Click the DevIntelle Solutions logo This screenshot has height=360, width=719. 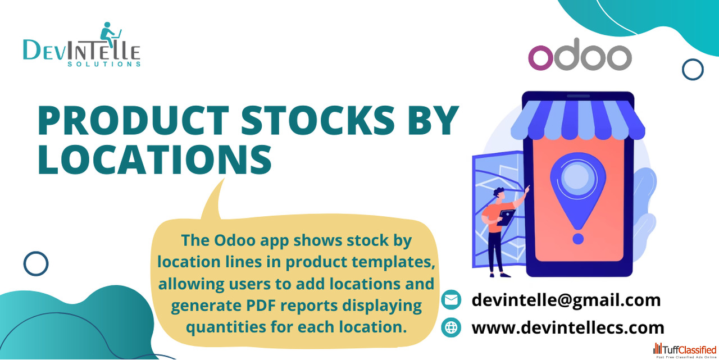82,44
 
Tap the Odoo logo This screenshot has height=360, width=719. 580,54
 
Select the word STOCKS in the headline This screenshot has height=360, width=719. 318,120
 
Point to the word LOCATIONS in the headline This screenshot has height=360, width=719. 155,160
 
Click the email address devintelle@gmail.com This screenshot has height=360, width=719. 566,300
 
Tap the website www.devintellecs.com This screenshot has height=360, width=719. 567,327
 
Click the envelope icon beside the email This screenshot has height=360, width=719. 451,300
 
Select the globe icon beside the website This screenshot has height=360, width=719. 451,327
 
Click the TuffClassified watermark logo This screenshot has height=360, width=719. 685,350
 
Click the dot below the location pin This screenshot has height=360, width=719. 578,239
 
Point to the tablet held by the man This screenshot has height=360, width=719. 506,217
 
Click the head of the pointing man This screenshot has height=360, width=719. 499,193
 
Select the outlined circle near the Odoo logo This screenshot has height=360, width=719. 693,69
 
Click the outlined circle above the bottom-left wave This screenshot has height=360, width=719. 36,263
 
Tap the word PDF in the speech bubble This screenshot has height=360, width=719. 261,305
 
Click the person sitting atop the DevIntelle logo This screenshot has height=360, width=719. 108,34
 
